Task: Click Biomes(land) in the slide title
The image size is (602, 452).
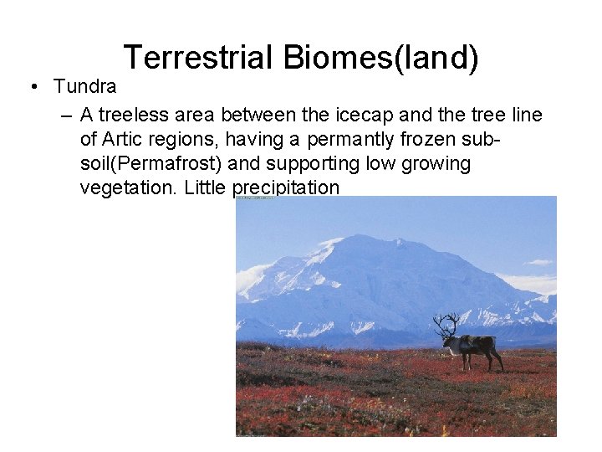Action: pos(380,59)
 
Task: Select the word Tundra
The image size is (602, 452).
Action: pos(84,86)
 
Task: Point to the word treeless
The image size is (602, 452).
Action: pos(134,115)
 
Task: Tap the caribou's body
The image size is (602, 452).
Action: pos(478,343)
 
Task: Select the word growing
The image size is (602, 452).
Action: pos(436,163)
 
